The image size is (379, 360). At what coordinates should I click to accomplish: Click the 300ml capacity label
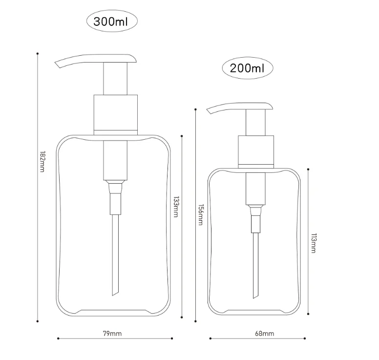pos(112,21)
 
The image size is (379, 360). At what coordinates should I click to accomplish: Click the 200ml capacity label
pos(248,67)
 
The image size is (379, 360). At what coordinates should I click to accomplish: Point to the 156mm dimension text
pos(200,214)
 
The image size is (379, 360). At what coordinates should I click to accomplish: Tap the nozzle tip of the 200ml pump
pos(209,110)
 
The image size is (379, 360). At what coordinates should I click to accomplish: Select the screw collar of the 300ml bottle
pos(115,113)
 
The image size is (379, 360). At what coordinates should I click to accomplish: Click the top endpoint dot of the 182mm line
pos(38,53)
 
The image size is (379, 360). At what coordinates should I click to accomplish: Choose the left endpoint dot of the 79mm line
pos(58,338)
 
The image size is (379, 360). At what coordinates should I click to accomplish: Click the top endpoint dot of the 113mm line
pos(308,169)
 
